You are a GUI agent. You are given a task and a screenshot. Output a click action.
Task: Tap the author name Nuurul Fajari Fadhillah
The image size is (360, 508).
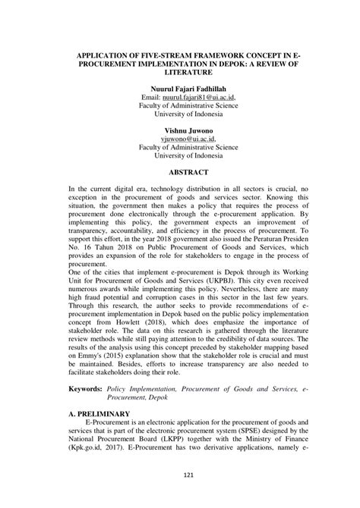(179, 88)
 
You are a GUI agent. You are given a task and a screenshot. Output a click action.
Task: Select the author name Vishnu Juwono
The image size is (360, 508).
(179, 130)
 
